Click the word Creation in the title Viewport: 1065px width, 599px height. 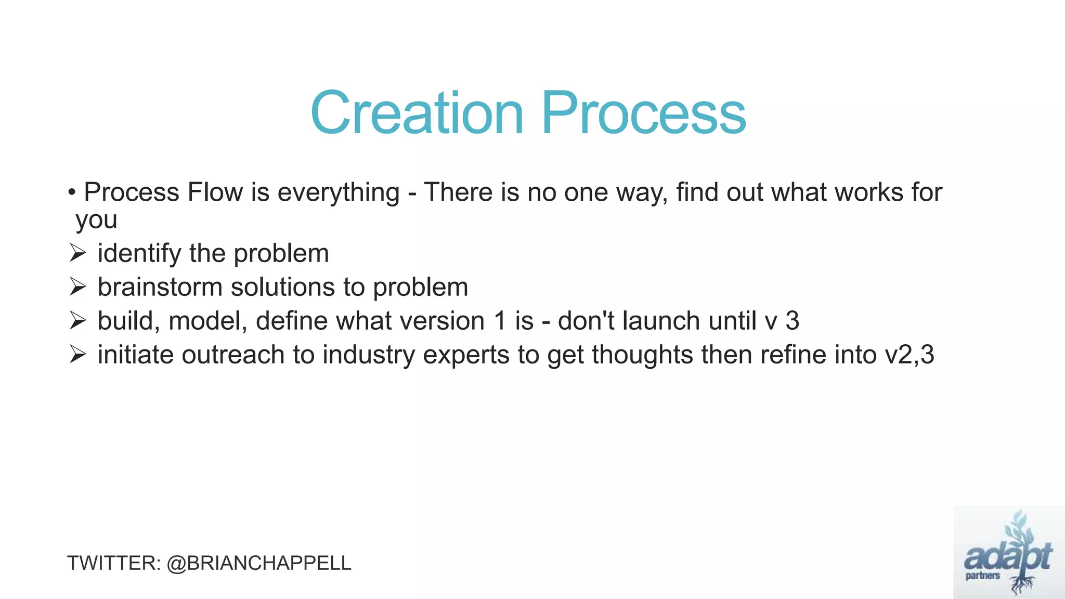tap(417, 113)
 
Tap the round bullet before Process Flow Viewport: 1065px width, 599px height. tap(72, 193)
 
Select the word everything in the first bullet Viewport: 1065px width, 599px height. tap(339, 193)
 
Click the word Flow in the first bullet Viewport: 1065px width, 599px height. tap(215, 192)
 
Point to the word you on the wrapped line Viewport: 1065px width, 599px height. tap(96, 220)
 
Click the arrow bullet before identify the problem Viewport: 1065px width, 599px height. tap(77, 254)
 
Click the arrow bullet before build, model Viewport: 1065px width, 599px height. tap(77, 321)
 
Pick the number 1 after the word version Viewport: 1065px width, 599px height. tap(500, 321)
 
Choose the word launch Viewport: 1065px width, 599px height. tap(661, 321)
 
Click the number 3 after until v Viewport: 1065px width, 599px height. tap(792, 321)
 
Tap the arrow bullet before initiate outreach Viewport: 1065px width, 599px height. tap(77, 355)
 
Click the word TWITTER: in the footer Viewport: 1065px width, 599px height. tap(114, 563)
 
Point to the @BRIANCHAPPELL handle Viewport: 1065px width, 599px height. tap(259, 563)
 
